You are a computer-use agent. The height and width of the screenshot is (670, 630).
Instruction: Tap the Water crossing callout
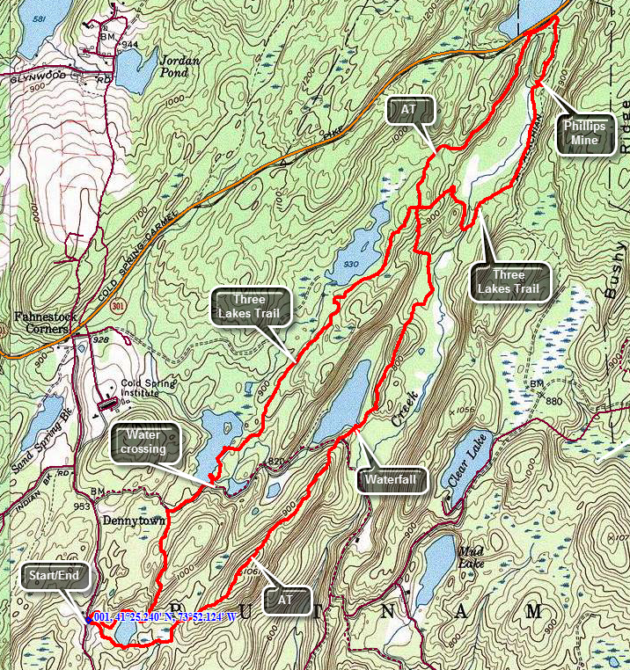(144, 441)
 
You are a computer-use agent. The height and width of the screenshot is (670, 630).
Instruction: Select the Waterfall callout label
(393, 481)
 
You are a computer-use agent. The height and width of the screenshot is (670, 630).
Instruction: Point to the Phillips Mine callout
(585, 133)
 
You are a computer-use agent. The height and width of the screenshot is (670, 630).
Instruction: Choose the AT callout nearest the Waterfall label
(287, 599)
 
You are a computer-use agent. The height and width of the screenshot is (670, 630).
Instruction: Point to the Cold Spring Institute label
(142, 388)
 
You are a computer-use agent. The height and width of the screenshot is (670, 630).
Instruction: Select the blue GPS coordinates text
(165, 617)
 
